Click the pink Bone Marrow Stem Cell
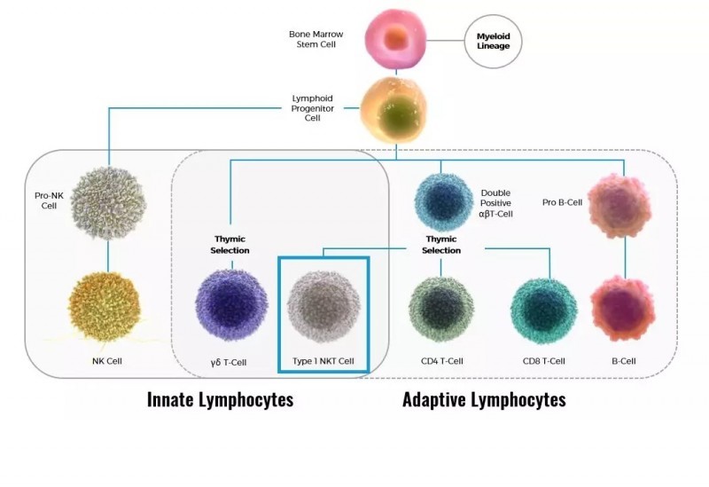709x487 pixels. (x=396, y=40)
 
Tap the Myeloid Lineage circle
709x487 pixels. (x=493, y=41)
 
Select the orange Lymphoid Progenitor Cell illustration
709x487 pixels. (x=393, y=111)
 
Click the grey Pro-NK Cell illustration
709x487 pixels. (x=108, y=203)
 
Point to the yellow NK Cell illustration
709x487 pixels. (x=105, y=307)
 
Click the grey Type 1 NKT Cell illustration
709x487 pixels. (x=323, y=307)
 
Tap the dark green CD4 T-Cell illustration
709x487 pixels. (x=441, y=310)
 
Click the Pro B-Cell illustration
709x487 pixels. (x=619, y=206)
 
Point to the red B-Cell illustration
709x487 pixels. (x=623, y=309)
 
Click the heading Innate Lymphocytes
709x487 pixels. (x=220, y=400)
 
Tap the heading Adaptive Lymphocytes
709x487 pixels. (x=484, y=400)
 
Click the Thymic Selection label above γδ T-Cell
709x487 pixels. (x=230, y=245)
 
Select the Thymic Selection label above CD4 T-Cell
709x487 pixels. (x=441, y=245)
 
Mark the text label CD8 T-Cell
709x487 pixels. (x=543, y=361)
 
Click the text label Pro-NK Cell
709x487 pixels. (x=50, y=200)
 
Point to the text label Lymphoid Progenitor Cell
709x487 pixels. (x=313, y=108)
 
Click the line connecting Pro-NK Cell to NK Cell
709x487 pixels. (x=107, y=256)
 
